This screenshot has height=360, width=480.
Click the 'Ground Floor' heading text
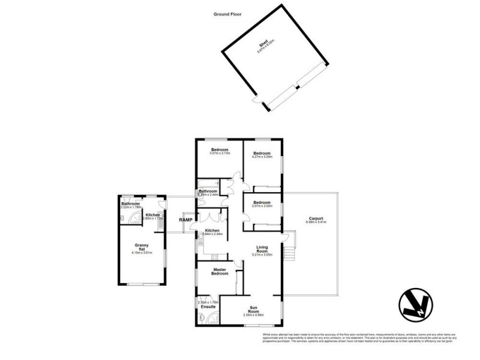[228, 14]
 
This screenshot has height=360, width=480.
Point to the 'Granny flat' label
[142, 247]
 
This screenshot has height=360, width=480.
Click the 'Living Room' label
[263, 248]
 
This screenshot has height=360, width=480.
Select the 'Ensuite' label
[209, 307]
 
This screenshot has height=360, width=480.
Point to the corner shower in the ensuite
[204, 319]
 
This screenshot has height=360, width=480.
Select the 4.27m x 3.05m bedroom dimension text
[262, 157]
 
